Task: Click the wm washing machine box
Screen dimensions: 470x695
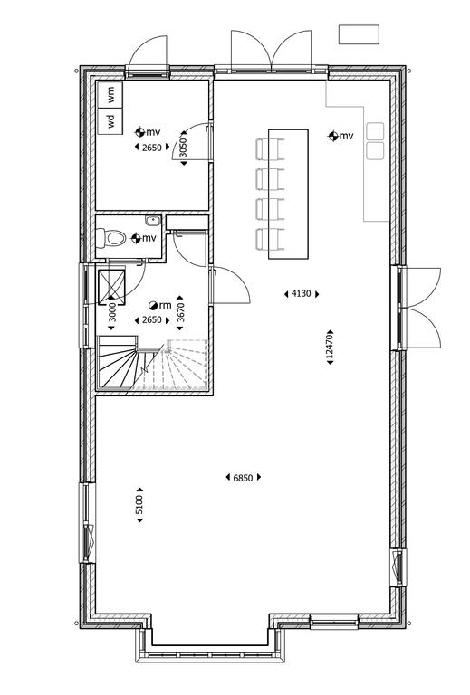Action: coord(110,94)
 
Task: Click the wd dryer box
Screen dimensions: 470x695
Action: coord(110,120)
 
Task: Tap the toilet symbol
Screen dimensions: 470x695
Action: coord(111,238)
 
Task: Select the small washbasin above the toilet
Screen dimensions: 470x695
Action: coord(153,220)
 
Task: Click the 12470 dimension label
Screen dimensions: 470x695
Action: coord(329,347)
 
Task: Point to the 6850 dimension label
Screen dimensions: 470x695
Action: coord(243,478)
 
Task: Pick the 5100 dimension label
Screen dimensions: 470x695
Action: coord(139,504)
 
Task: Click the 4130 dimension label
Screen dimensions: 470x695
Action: coord(301,293)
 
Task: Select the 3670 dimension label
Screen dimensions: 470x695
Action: coord(180,313)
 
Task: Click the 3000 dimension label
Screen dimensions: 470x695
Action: coord(111,312)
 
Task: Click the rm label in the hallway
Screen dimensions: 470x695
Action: coord(165,305)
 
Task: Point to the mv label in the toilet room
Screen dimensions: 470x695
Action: coord(149,238)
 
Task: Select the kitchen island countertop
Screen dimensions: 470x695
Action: coord(288,194)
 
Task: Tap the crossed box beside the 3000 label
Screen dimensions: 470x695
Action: coord(111,287)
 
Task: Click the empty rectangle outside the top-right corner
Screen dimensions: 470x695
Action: coord(359,34)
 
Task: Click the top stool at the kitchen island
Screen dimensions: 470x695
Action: coord(270,149)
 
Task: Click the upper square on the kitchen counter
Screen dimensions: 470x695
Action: coord(375,131)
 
